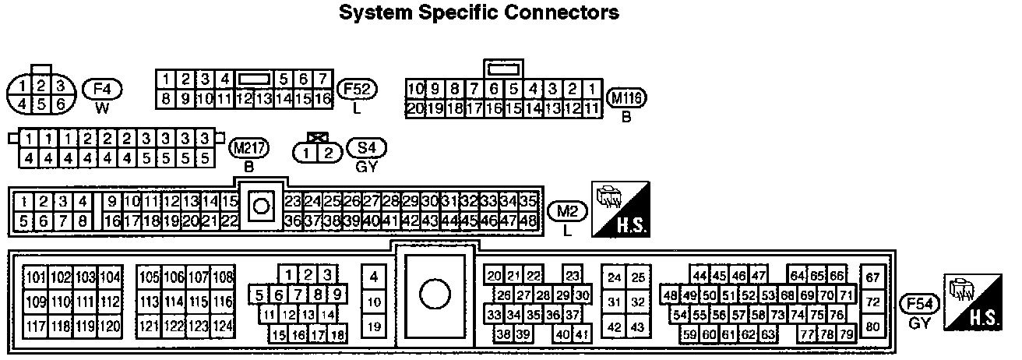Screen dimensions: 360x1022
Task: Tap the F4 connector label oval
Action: coord(102,88)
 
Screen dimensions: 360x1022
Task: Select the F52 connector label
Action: coord(357,88)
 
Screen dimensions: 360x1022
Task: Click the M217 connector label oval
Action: coord(248,147)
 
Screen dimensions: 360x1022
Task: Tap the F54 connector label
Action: coord(918,304)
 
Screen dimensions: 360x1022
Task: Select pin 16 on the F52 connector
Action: coord(323,98)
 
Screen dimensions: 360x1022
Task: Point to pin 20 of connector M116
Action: coord(415,108)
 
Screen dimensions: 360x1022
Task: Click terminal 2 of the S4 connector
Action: coord(328,153)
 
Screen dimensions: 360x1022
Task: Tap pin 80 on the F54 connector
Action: coord(872,326)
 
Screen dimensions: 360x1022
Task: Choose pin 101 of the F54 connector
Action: coord(36,277)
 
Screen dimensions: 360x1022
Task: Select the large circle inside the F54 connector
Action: coord(435,294)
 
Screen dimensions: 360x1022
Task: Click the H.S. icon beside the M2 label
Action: coord(622,210)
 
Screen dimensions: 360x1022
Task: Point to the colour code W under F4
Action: coord(102,108)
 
